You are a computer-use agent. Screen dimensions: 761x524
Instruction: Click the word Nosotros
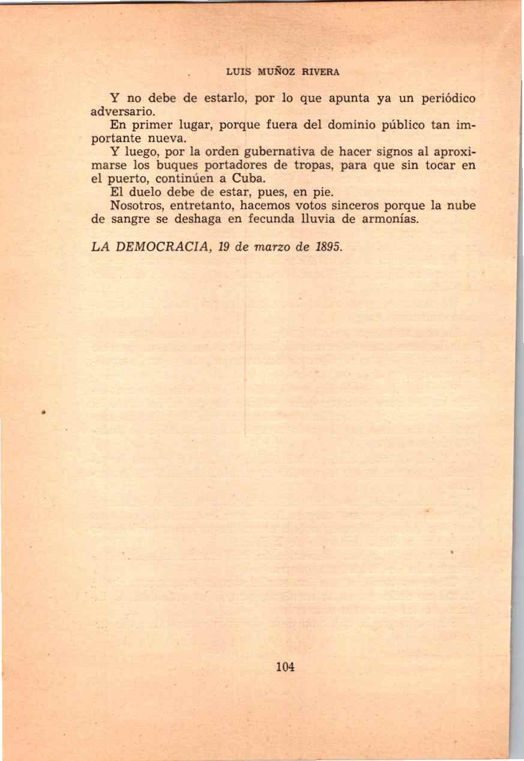click(x=137, y=206)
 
